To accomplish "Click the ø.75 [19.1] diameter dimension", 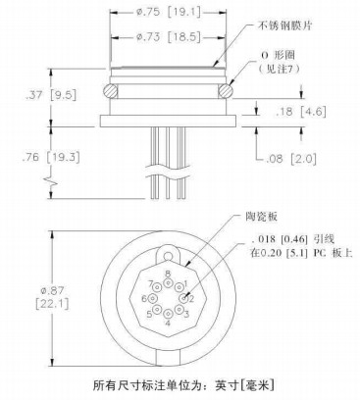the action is coord(168,13).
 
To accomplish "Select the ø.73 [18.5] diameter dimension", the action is coord(168,37).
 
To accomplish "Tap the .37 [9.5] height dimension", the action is coord(51,95).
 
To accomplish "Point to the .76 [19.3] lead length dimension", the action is coord(51,157).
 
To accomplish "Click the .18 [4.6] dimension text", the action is coord(301,112).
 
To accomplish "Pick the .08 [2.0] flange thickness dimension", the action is coord(291,160).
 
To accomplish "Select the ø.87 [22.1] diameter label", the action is coord(52,297).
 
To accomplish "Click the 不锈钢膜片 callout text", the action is coord(284,26).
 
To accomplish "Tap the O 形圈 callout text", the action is coord(279,55).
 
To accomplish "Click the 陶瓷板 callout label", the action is coord(261,217).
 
